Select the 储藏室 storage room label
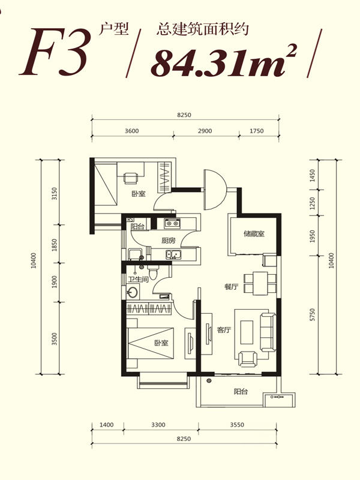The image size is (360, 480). pyautogui.click(x=254, y=234)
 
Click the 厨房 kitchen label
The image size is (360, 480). pyautogui.click(x=169, y=241)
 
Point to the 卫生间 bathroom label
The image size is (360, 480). pyautogui.click(x=138, y=279)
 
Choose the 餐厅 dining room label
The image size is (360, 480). pyautogui.click(x=231, y=287)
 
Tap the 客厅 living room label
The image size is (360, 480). pyautogui.click(x=224, y=329)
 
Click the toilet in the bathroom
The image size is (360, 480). pyautogui.click(x=153, y=272)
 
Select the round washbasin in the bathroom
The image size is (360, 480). pyautogui.click(x=133, y=292)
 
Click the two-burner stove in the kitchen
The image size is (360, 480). pyautogui.click(x=172, y=223)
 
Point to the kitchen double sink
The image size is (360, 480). pyautogui.click(x=173, y=254)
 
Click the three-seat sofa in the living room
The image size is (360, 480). pyautogui.click(x=268, y=332)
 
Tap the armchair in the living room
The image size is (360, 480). pyautogui.click(x=248, y=359)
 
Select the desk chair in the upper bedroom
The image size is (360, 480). pyautogui.click(x=131, y=178)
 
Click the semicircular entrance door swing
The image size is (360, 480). pyautogui.click(x=215, y=190)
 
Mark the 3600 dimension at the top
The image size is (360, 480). pyautogui.click(x=131, y=131)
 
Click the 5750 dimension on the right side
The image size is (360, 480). pyautogui.click(x=312, y=314)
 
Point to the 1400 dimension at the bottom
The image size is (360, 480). pyautogui.click(x=107, y=425)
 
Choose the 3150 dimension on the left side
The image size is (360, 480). pyautogui.click(x=54, y=194)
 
